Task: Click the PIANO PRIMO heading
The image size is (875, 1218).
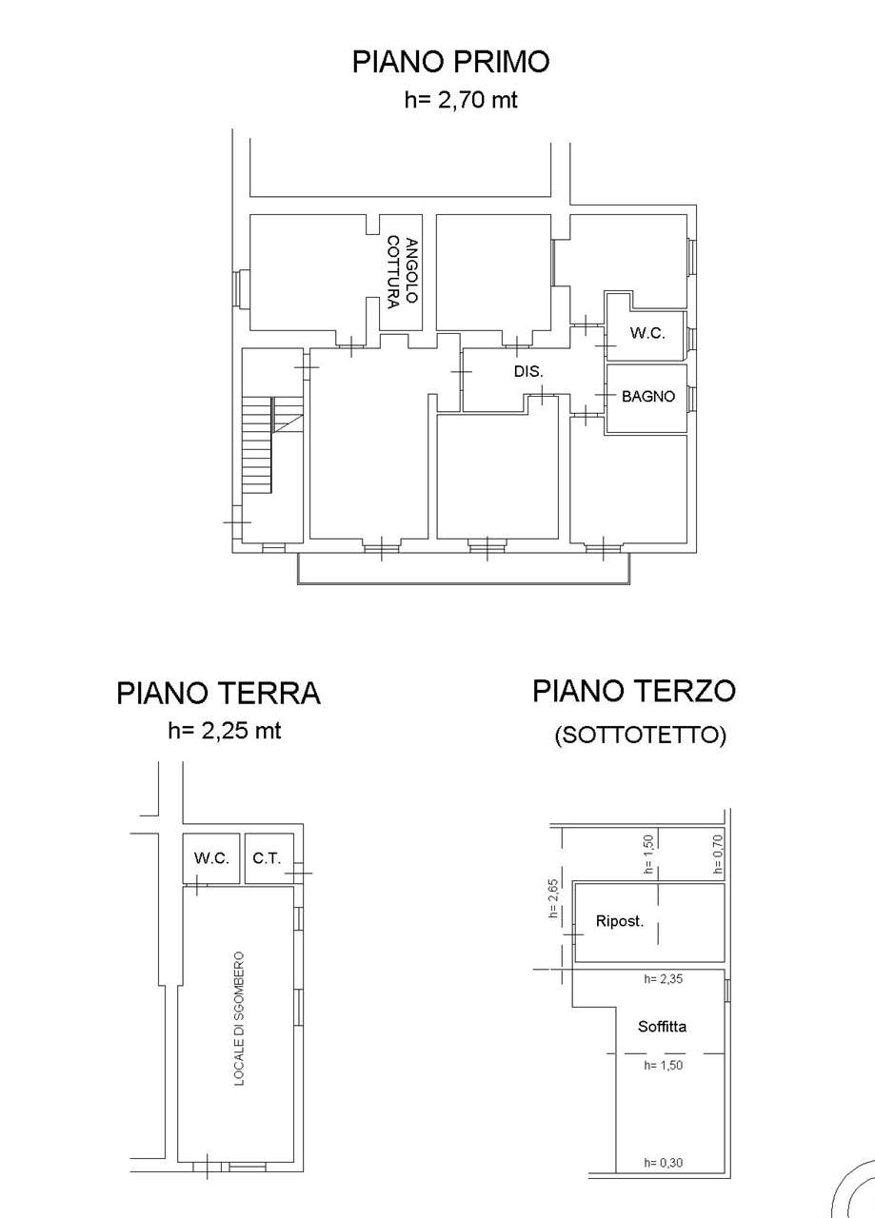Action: (450, 62)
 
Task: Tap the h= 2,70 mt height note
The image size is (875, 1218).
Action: (461, 100)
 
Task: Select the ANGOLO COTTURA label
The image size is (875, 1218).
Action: (402, 272)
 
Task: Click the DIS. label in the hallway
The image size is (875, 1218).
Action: (528, 371)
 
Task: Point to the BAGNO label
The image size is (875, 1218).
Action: (648, 397)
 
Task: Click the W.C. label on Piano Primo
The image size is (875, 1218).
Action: (647, 333)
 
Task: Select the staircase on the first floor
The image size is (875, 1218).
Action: (272, 444)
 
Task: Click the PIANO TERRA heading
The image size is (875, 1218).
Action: (218, 694)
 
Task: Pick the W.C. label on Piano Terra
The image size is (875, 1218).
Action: (211, 858)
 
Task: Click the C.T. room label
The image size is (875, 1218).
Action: (267, 858)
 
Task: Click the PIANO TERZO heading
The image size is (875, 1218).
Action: (634, 691)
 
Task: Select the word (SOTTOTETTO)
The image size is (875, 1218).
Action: (641, 736)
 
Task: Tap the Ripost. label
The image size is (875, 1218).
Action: (620, 922)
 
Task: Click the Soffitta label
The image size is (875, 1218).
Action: (663, 1027)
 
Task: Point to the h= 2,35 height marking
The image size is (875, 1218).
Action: (664, 979)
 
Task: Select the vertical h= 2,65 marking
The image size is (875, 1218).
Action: (554, 899)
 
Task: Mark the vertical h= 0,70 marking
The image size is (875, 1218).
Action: (718, 855)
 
